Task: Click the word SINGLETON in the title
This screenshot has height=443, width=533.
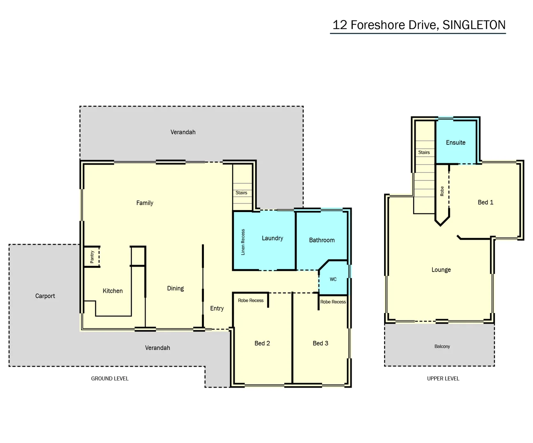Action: click(x=474, y=25)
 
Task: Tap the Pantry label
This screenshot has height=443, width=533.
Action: click(x=92, y=257)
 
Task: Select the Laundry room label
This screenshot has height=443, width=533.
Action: click(x=272, y=238)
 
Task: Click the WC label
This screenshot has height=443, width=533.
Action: click(x=333, y=279)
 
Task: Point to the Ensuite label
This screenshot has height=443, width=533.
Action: click(x=455, y=143)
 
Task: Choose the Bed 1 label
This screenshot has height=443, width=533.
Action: click(x=485, y=202)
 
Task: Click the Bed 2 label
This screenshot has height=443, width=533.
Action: click(x=262, y=343)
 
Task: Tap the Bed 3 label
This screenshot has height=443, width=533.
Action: click(x=320, y=343)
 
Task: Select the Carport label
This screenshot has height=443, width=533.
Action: click(x=45, y=296)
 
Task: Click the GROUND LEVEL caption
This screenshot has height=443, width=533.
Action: click(x=110, y=379)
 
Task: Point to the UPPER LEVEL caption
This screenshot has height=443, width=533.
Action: click(x=443, y=379)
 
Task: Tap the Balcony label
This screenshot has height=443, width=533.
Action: click(x=442, y=347)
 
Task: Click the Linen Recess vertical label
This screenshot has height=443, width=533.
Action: click(x=243, y=242)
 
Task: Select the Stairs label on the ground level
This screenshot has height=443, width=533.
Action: click(x=241, y=193)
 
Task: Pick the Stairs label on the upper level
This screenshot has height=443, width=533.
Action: click(x=424, y=153)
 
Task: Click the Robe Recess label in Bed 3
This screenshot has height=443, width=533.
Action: click(x=333, y=302)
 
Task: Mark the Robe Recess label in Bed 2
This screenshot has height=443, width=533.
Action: click(x=251, y=301)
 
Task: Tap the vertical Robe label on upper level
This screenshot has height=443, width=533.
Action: click(x=442, y=191)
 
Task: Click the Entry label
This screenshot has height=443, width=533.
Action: click(x=217, y=308)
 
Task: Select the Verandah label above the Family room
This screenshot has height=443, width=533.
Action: click(x=183, y=132)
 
